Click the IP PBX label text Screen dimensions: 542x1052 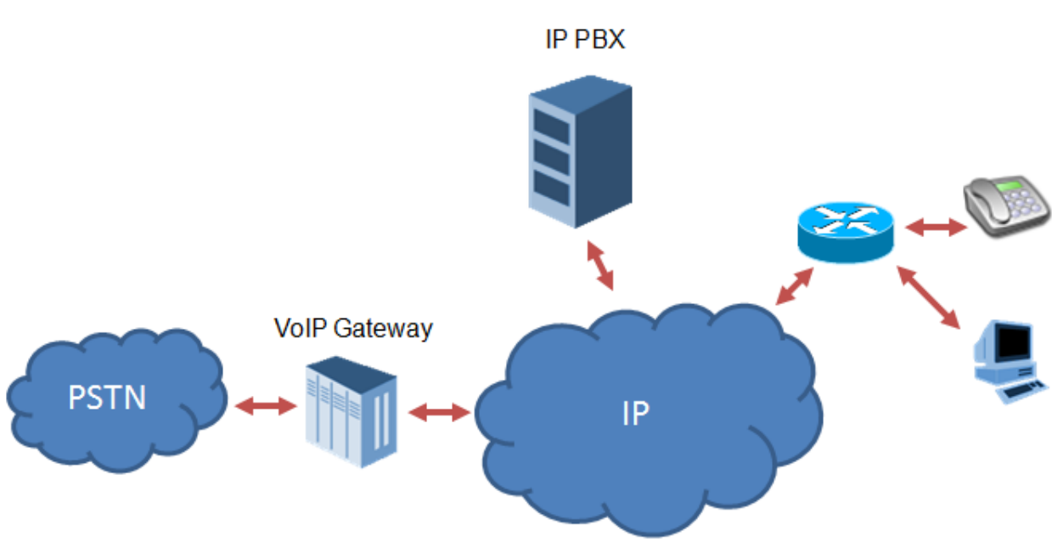tap(584, 39)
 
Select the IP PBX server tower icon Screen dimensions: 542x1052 tap(580, 154)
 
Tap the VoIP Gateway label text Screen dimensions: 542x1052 tap(353, 328)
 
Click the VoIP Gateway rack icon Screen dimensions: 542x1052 tap(350, 410)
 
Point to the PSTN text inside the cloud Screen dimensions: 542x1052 tap(107, 397)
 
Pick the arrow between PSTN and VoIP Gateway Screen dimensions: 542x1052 tap(265, 408)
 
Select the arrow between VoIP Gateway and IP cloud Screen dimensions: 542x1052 tap(439, 413)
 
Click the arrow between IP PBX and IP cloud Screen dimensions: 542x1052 tap(600, 265)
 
